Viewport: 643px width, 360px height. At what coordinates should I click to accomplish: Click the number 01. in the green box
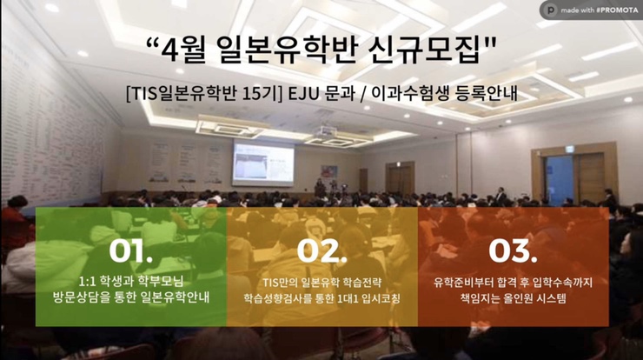coord(131,250)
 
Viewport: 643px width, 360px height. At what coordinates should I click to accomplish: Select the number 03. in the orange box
coord(513,250)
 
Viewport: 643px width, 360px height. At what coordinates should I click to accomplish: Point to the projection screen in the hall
coord(263,163)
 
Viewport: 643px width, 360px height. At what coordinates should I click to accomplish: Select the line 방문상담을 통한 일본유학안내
coord(131,297)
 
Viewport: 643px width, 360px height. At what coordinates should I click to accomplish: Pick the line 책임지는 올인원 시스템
coord(513,297)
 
